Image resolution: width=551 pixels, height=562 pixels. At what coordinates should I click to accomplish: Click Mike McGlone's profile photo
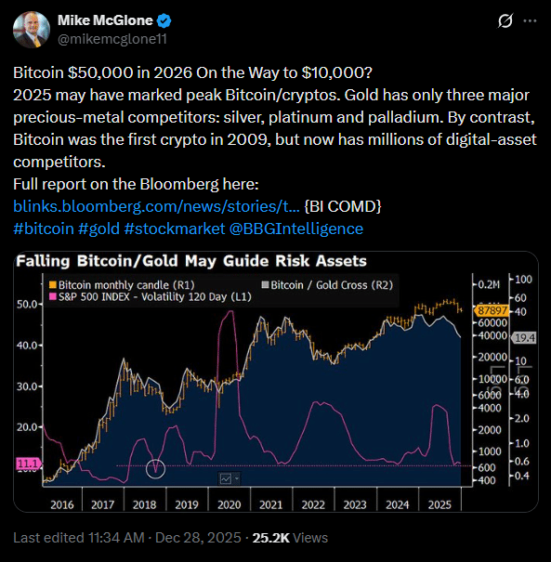click(x=31, y=29)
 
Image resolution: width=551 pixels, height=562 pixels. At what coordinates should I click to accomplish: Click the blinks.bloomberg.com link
click(x=156, y=205)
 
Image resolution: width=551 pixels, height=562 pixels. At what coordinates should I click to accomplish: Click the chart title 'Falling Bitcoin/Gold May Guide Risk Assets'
click(x=190, y=261)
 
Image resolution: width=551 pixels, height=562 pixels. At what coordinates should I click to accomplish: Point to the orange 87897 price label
click(x=488, y=310)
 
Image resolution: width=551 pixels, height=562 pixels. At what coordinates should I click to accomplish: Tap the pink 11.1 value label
click(x=29, y=462)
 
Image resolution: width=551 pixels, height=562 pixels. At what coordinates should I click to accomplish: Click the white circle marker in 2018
click(x=156, y=468)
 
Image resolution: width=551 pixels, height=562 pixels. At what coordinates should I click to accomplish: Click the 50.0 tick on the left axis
click(x=27, y=304)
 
